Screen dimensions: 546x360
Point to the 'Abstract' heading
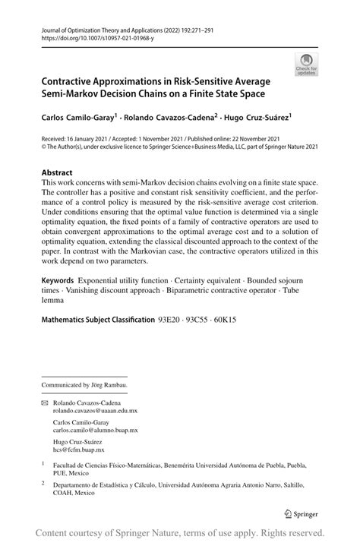pyautogui.click(x=57, y=172)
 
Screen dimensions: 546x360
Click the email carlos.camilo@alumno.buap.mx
pyautogui.click(x=95, y=430)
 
